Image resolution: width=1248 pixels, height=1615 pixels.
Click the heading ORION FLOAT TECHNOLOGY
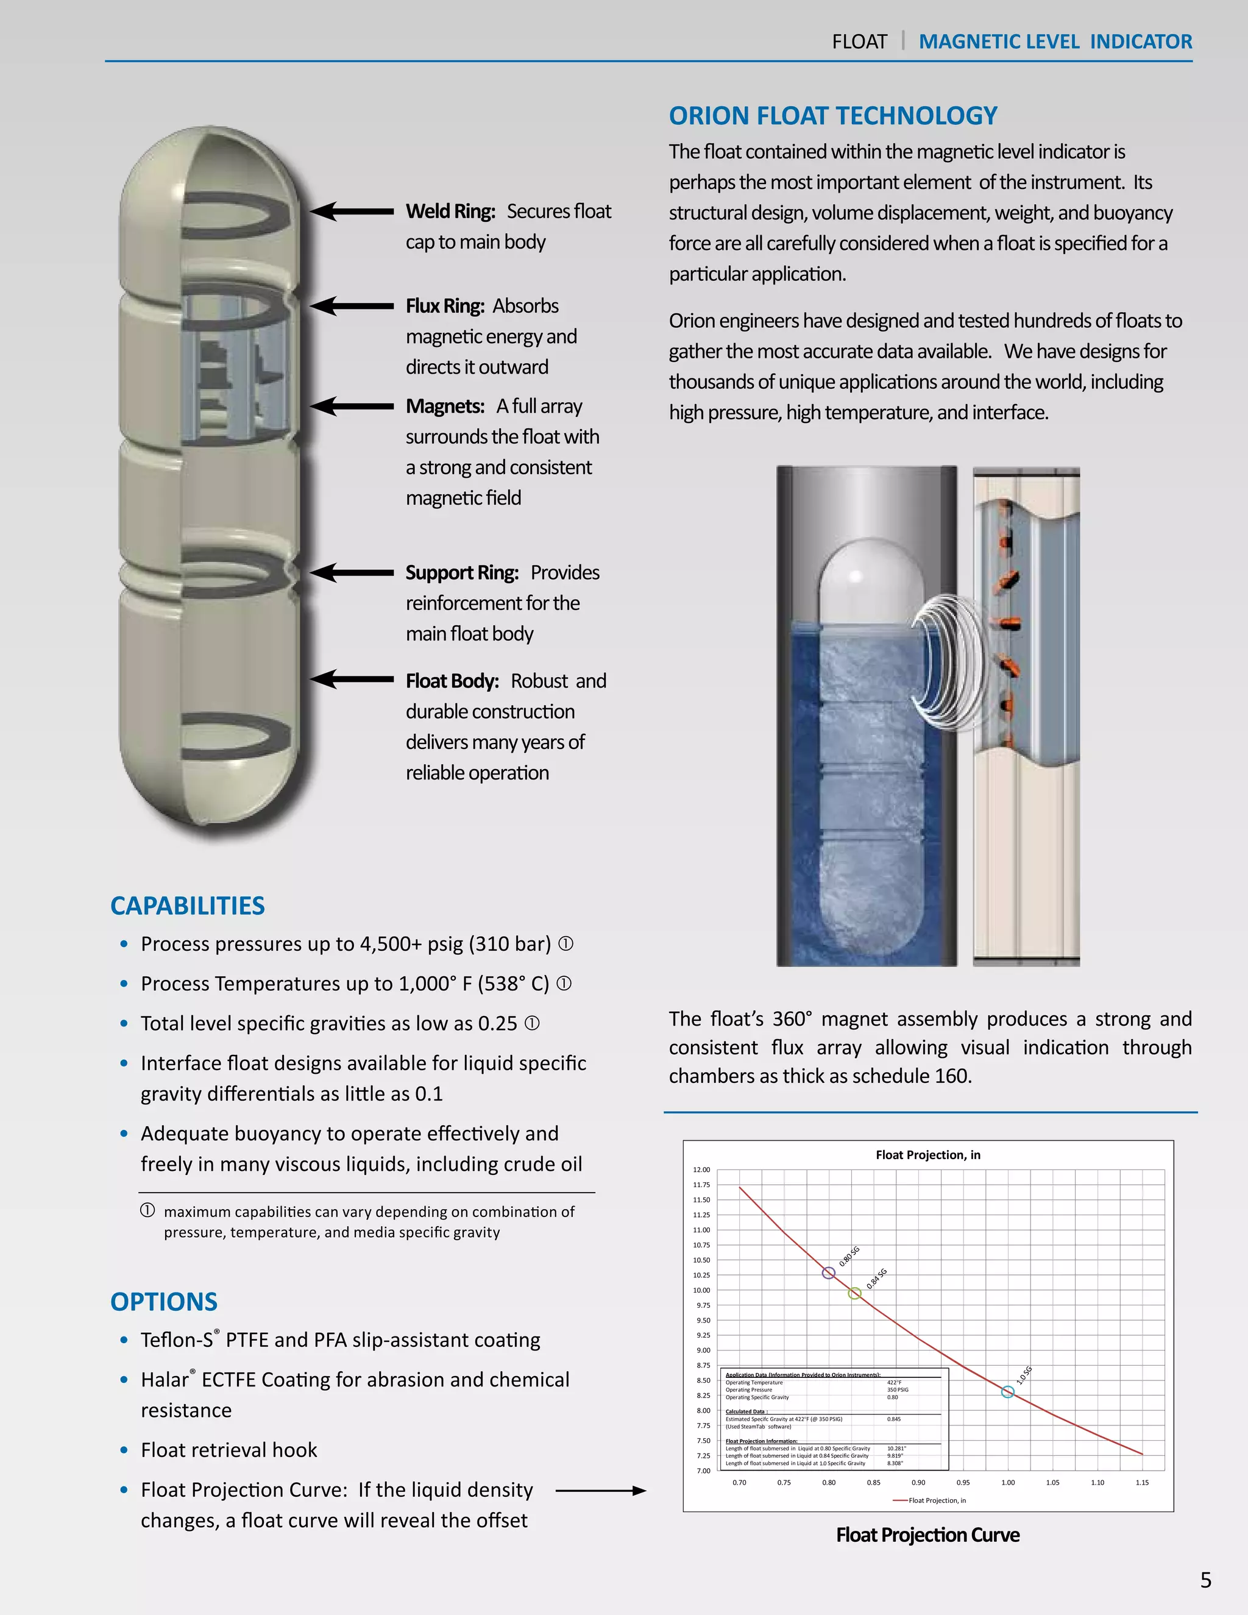coord(832,116)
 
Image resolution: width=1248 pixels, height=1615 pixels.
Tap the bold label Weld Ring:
coord(450,211)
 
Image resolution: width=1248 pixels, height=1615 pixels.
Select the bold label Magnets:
coord(444,406)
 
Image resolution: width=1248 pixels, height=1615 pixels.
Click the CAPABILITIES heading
coord(187,906)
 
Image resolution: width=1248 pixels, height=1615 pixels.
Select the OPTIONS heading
coord(163,1302)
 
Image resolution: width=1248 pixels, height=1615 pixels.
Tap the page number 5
coord(1205,1580)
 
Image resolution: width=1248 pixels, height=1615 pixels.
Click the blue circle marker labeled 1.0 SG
coord(1007,1392)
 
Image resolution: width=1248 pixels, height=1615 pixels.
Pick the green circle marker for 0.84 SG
coord(854,1293)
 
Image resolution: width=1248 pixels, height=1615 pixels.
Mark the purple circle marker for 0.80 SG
coord(828,1272)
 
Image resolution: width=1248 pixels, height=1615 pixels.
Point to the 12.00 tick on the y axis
coord(701,1170)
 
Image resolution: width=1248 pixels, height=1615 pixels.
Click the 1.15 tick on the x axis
coord(1141,1483)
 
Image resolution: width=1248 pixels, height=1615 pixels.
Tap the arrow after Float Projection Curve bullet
coord(600,1491)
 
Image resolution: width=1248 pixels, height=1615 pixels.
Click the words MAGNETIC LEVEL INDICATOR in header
coord(1055,41)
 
